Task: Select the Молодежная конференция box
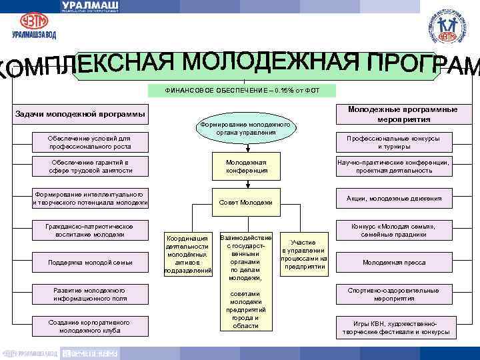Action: pyautogui.click(x=246, y=167)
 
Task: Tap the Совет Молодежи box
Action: pyautogui.click(x=246, y=202)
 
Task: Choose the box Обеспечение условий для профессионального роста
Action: pyautogui.click(x=89, y=141)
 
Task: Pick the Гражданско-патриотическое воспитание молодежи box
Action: pyautogui.click(x=89, y=230)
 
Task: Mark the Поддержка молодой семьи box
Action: pyautogui.click(x=89, y=262)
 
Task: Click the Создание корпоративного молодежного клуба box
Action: pyautogui.click(x=89, y=326)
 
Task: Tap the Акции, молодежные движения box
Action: pyautogui.click(x=403, y=198)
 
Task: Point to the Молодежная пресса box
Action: pyautogui.click(x=403, y=262)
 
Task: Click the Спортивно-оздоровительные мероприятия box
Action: pyautogui.click(x=403, y=294)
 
